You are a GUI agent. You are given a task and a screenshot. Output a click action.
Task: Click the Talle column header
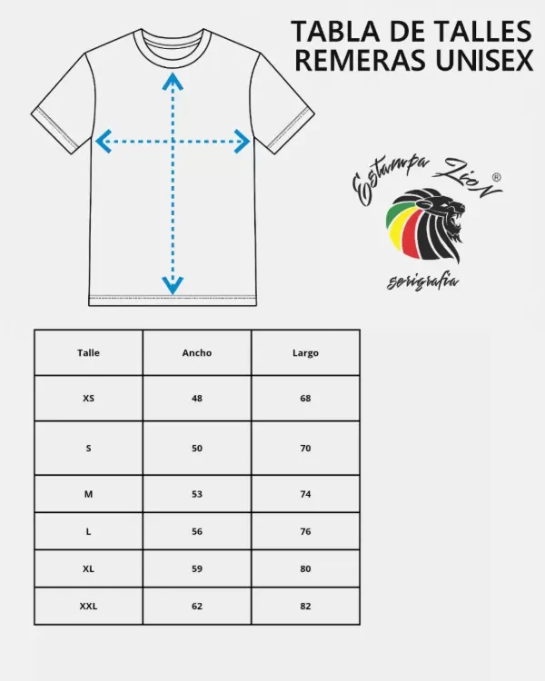coord(88,352)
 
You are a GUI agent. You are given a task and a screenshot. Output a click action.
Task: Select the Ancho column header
coord(197,352)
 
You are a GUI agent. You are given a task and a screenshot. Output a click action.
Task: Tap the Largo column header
coord(305,353)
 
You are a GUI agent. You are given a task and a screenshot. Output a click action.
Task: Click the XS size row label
coord(88,399)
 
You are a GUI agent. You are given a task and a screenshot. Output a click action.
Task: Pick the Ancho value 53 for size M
coord(197,494)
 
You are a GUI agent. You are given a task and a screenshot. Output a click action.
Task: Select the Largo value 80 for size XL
coord(305,568)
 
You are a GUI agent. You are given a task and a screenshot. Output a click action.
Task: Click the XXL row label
coord(88,606)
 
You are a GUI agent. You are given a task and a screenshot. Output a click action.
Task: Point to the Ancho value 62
coord(197,606)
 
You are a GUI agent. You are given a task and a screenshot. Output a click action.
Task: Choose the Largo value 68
coord(305,399)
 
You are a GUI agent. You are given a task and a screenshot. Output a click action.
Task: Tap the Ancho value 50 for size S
coord(197,449)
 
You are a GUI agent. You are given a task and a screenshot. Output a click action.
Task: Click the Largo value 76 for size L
coord(305,531)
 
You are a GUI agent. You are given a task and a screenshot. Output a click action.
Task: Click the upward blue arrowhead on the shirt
coord(173,81)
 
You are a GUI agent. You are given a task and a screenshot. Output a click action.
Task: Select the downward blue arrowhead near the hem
coord(173,285)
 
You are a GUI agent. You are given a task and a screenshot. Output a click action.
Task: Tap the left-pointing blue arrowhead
coord(104,141)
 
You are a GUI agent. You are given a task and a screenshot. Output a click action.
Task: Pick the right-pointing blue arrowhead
coord(242,141)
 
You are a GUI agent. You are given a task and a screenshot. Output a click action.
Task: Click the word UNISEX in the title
coord(484,60)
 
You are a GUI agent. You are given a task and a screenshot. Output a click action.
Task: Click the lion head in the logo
coord(426,225)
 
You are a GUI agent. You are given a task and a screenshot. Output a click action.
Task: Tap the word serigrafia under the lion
coord(422,281)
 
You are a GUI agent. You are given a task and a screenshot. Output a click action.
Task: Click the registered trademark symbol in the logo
coord(496,177)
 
